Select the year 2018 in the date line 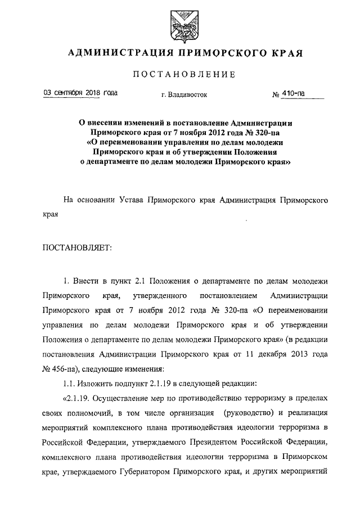88,93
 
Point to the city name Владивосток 187,94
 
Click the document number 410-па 294,94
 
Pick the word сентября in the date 64,93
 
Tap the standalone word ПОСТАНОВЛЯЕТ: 77,247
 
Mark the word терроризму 265,399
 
